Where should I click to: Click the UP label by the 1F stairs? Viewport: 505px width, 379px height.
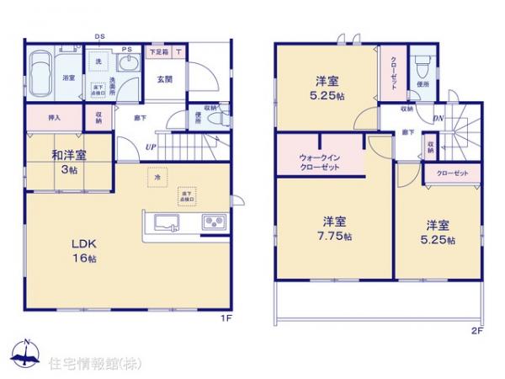pyautogui.click(x=151, y=147)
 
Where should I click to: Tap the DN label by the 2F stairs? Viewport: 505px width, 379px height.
pyautogui.click(x=439, y=118)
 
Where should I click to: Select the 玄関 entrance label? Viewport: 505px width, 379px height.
pyautogui.click(x=164, y=80)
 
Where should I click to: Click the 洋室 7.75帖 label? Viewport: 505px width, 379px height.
pyautogui.click(x=334, y=228)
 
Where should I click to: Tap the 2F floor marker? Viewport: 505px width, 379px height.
pyautogui.click(x=476, y=332)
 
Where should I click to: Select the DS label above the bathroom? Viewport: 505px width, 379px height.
pyautogui.click(x=99, y=36)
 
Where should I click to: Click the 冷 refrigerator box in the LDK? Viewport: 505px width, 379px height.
pyautogui.click(x=154, y=178)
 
